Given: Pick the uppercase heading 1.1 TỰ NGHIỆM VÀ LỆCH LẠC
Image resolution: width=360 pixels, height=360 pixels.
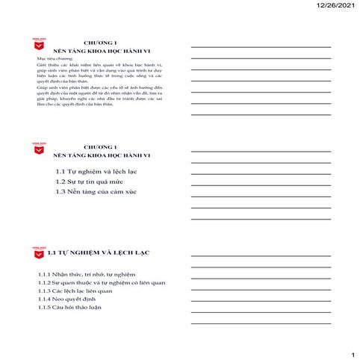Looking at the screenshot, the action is click(x=99, y=253).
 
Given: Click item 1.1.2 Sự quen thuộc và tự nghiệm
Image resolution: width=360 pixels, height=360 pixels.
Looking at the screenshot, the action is click(x=101, y=283).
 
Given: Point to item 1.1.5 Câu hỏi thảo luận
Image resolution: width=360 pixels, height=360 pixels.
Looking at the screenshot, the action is click(x=72, y=308).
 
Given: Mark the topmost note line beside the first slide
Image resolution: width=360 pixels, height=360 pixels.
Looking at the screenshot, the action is click(x=261, y=46).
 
